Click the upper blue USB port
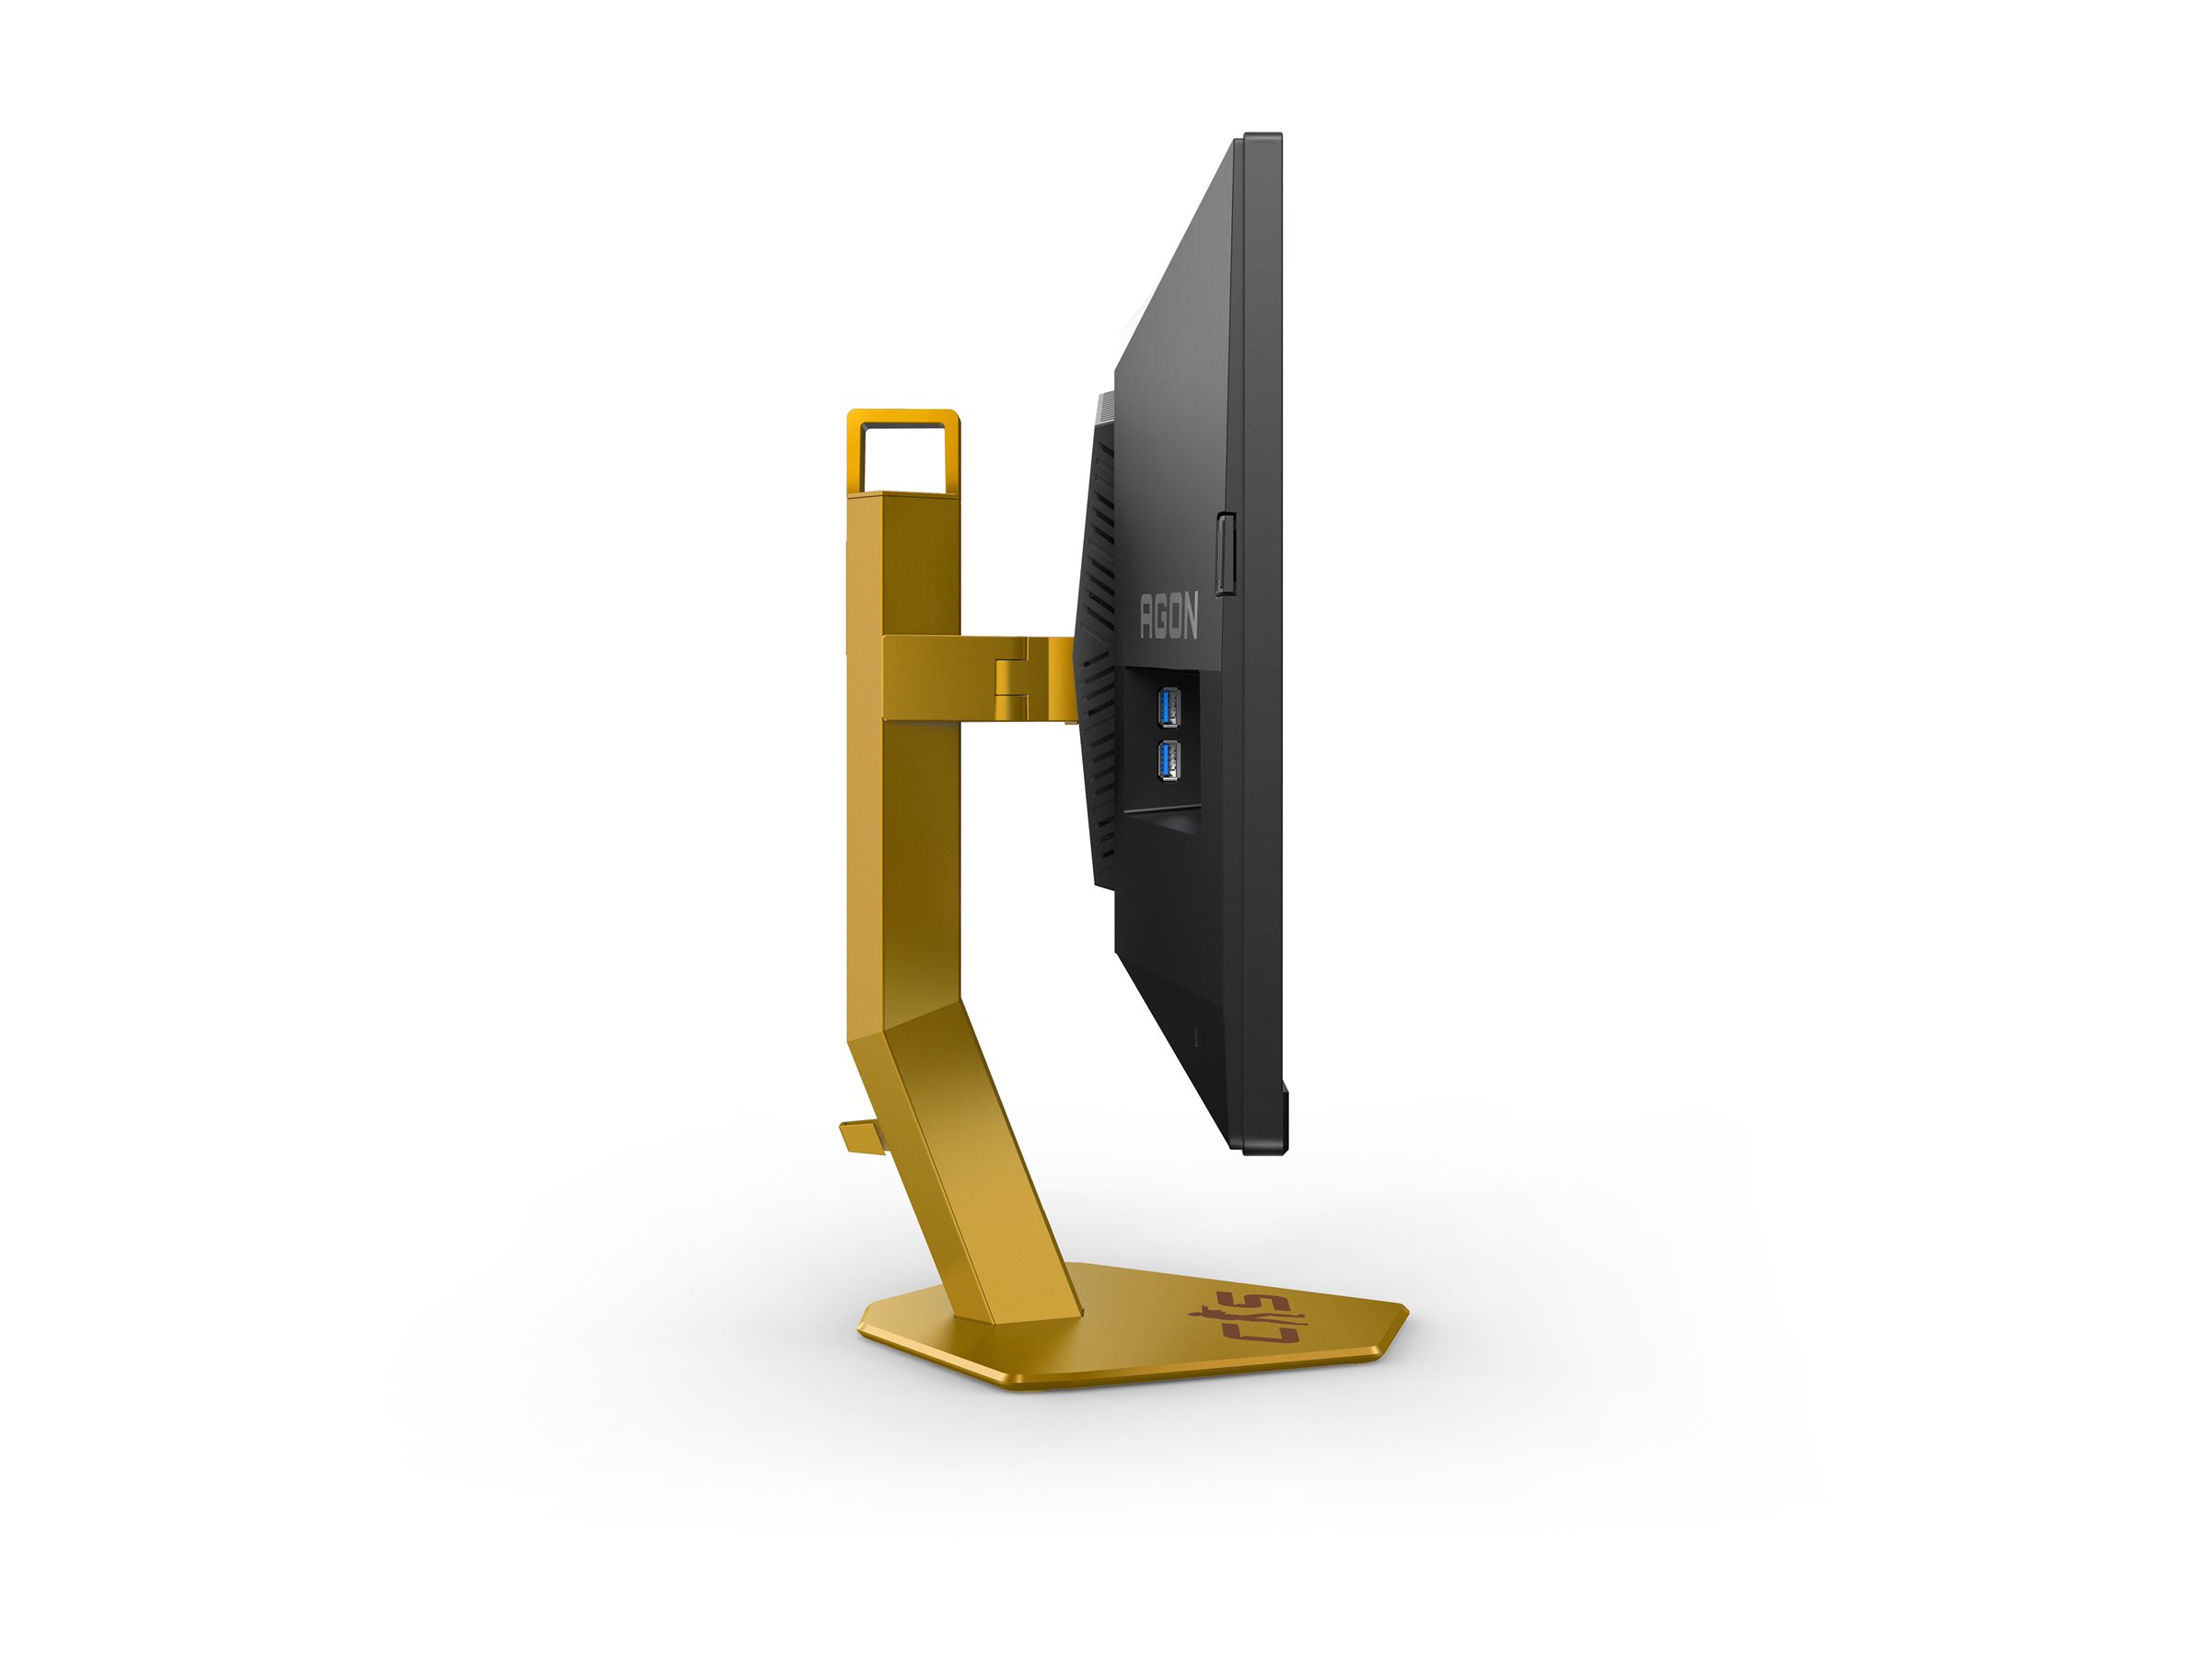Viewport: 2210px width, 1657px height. (1168, 707)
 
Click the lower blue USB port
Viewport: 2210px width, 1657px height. (1168, 761)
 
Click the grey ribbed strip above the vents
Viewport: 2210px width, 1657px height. (1104, 408)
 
